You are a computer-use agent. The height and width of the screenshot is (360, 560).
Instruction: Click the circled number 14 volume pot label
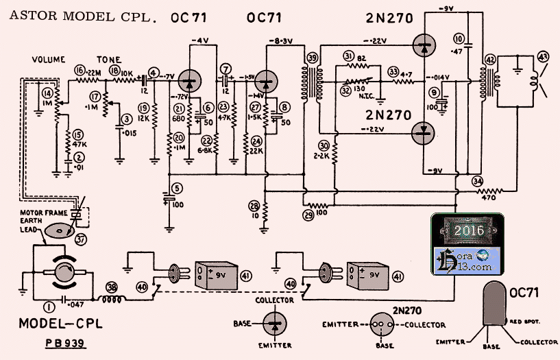click(x=47, y=93)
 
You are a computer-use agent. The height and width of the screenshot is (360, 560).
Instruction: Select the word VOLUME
click(x=48, y=59)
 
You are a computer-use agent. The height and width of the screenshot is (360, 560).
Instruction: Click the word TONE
click(x=110, y=59)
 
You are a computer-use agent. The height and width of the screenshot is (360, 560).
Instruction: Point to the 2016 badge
click(x=468, y=230)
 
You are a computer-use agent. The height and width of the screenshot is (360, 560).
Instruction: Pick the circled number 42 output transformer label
click(x=489, y=60)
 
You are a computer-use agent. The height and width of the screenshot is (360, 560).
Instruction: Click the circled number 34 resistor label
click(x=476, y=181)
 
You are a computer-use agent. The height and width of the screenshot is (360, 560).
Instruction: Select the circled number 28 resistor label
click(x=255, y=207)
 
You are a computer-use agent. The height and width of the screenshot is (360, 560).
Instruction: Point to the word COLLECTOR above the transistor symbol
click(x=274, y=300)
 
